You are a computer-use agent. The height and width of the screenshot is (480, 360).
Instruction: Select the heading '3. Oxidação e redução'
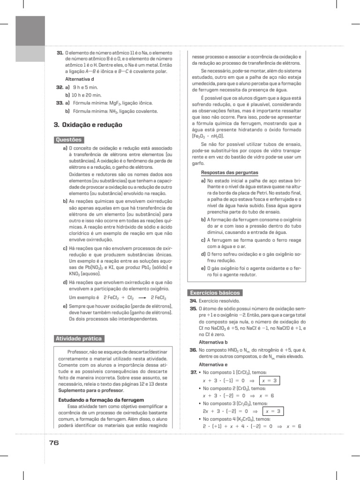click(88, 125)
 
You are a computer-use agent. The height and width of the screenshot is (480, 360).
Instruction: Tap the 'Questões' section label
click(69, 139)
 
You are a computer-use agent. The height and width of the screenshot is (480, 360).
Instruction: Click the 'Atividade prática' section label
click(78, 338)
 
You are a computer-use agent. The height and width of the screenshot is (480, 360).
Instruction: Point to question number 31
click(59, 53)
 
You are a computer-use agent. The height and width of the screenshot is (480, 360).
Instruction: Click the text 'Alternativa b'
click(213, 342)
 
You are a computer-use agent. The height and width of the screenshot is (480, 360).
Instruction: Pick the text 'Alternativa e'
click(213, 364)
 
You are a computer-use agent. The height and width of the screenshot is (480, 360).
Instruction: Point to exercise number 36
click(193, 350)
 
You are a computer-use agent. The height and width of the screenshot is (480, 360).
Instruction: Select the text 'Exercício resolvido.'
click(219, 301)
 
